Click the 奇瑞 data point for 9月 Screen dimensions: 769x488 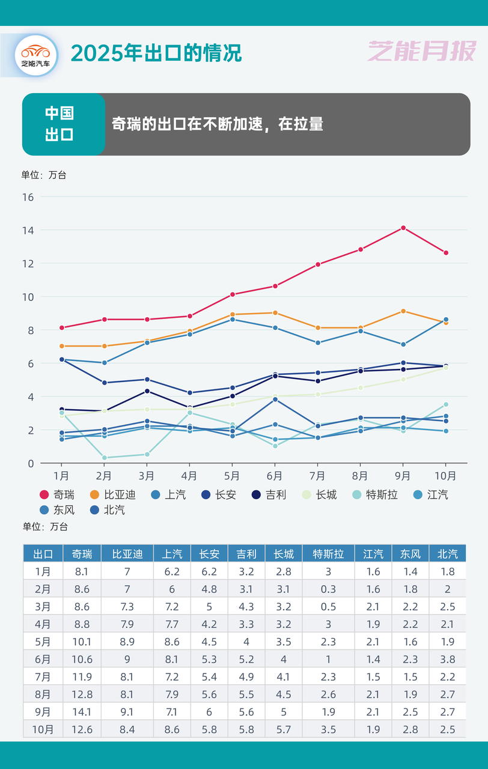(403, 228)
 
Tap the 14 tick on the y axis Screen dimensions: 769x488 (28, 230)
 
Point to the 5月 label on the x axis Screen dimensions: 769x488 (232, 476)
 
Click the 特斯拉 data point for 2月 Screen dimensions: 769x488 (104, 458)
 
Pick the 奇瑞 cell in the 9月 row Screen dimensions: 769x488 (82, 712)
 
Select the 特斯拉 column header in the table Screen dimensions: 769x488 (328, 553)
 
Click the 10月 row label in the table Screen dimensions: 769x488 (43, 729)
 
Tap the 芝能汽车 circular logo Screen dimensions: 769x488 (36, 55)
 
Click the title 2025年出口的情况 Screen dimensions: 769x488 (156, 53)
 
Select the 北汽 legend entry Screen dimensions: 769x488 (108, 511)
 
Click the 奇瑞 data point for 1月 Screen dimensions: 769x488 (61, 327)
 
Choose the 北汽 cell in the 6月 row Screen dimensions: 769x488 (447, 659)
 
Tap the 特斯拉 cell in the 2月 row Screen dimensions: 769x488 (328, 589)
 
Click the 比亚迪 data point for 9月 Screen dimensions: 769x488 (403, 311)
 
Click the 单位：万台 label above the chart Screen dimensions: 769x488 (44, 175)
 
